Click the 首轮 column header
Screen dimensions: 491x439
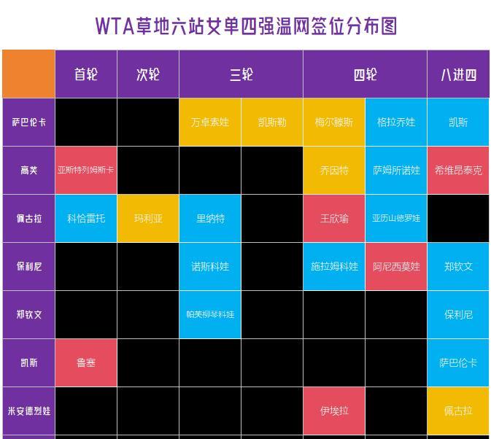86,74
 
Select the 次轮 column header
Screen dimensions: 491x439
148,74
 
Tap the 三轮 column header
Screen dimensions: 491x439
241,74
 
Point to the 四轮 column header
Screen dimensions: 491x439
365,74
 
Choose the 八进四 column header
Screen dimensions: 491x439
458,74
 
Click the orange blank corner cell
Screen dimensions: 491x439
28,74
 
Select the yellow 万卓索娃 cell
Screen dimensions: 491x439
210,123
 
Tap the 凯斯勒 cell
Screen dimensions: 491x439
272,123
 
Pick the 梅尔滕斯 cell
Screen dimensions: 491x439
334,123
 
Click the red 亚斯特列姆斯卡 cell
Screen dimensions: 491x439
86,170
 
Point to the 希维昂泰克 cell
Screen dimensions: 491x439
458,170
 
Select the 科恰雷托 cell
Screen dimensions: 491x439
86,218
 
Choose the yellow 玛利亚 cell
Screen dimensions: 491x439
148,218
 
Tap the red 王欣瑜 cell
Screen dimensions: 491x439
334,218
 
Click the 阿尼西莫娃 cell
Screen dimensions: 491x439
396,267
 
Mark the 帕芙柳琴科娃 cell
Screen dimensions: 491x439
210,314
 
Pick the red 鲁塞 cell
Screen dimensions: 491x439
86,362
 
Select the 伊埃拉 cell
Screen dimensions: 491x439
334,411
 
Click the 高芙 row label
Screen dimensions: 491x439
28,170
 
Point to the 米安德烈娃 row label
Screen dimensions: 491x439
28,411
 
